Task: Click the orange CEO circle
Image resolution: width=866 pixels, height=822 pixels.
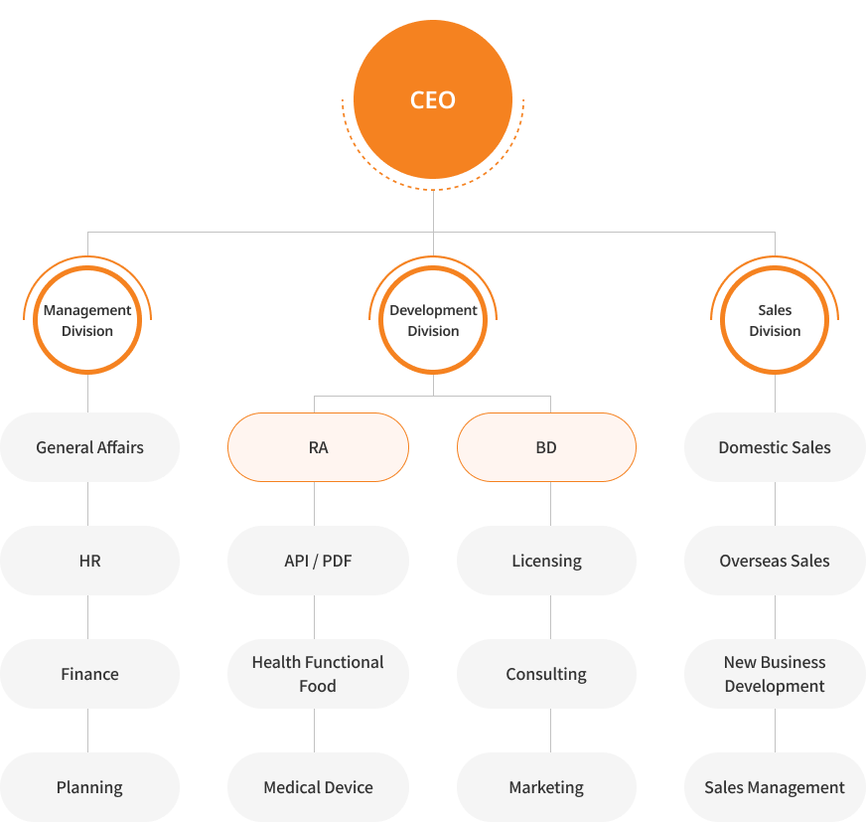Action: (433, 99)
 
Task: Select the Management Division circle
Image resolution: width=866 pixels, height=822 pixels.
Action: (87, 320)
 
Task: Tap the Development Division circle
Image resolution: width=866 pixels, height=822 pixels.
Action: (433, 320)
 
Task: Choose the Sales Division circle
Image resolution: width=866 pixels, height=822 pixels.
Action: (775, 320)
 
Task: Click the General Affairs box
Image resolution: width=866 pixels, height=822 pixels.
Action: (90, 447)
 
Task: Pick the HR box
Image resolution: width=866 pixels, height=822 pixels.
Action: (90, 561)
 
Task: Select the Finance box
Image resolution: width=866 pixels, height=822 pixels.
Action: (90, 674)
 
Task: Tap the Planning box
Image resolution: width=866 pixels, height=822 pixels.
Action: (90, 787)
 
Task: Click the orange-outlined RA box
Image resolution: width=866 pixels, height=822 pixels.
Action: (318, 447)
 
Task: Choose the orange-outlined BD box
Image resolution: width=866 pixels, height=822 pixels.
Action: (547, 447)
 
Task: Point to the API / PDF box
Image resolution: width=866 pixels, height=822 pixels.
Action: (318, 561)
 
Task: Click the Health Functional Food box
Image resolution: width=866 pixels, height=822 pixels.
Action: (318, 674)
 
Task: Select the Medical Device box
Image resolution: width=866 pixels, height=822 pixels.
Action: (318, 787)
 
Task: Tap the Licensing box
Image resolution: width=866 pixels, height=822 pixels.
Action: (547, 561)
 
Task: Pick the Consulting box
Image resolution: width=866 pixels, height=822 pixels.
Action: (547, 674)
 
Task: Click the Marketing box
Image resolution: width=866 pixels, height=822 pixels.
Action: (547, 787)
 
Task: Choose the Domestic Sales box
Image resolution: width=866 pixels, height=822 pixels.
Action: (775, 447)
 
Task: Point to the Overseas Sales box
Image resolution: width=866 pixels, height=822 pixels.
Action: (775, 561)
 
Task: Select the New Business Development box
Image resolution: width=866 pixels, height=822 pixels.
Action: (775, 674)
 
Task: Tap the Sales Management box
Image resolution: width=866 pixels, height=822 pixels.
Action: (775, 787)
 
